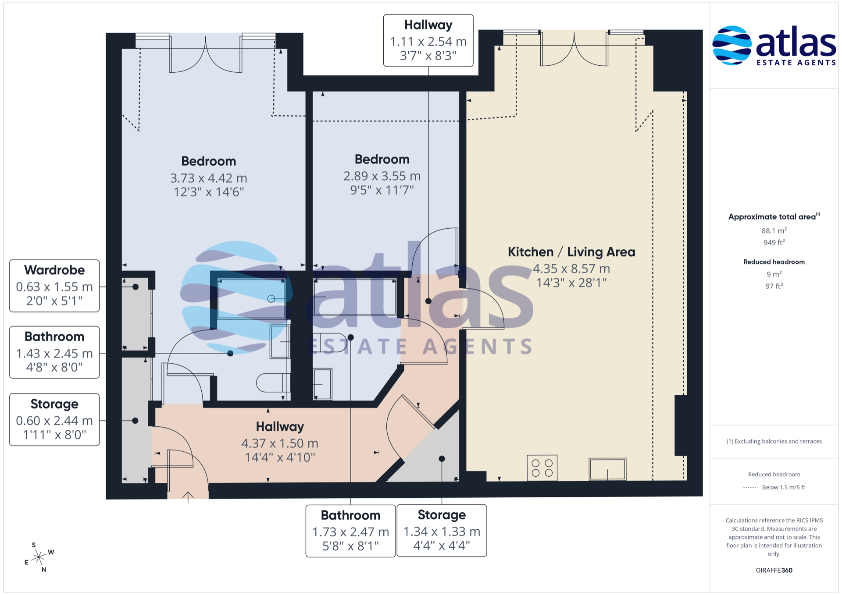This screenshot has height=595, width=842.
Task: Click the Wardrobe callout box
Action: tap(54, 286)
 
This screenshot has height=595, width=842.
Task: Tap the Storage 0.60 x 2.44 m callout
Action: tap(54, 419)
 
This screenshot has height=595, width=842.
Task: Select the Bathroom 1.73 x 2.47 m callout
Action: tap(350, 531)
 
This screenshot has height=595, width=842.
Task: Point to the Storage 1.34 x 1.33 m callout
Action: tap(442, 531)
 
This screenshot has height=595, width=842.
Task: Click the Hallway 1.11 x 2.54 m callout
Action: tap(428, 40)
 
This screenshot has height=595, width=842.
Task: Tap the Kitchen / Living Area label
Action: tap(571, 252)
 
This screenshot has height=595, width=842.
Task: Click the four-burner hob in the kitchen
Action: tap(542, 467)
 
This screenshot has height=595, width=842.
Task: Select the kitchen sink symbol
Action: tap(607, 469)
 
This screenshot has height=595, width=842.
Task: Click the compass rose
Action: tap(39, 557)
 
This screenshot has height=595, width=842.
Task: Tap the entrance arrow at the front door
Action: tap(188, 496)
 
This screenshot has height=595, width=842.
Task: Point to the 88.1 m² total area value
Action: tap(774, 230)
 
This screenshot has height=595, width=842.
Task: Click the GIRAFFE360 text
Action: tap(774, 570)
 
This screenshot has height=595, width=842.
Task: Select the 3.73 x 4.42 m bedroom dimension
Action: tap(209, 178)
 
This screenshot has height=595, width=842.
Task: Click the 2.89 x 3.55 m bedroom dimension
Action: tap(382, 176)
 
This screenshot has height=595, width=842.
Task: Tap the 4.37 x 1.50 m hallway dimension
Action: tap(280, 443)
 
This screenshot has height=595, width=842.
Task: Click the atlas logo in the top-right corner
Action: tap(774, 46)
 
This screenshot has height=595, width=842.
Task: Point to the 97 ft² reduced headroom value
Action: tap(774, 286)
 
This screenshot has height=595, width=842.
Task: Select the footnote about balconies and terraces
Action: tap(774, 441)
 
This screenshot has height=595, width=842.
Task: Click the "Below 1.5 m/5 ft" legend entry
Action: tap(784, 487)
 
